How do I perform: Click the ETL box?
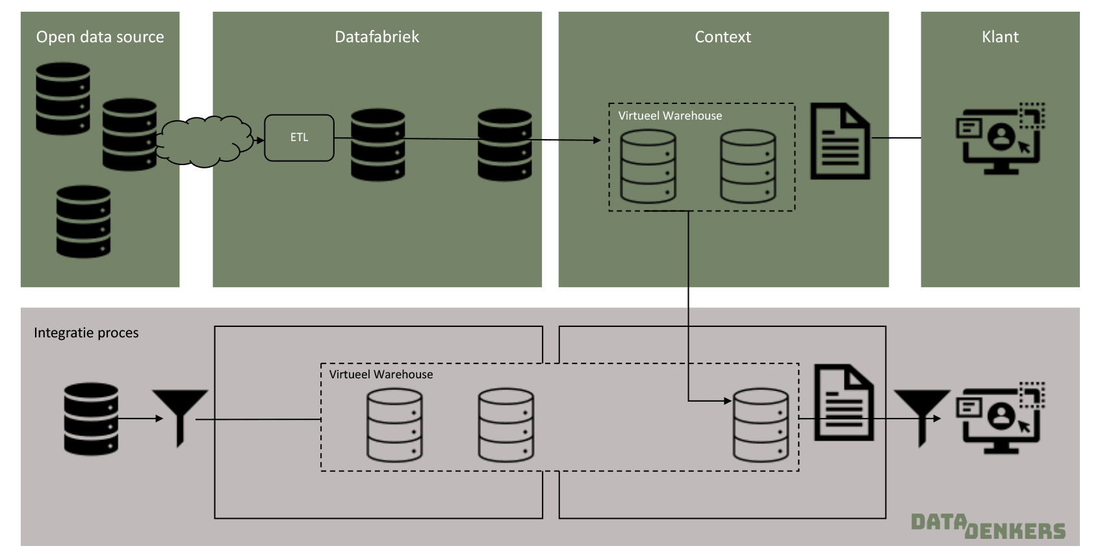click(x=299, y=138)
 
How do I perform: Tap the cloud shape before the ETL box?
click(x=205, y=141)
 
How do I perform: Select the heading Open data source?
click(x=100, y=37)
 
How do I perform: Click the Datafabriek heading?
click(x=377, y=37)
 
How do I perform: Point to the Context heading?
click(x=723, y=37)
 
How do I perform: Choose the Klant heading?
click(x=1000, y=37)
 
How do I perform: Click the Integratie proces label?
click(x=86, y=333)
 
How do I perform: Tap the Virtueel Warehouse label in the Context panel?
click(x=670, y=116)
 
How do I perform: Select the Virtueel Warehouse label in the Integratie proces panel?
click(x=381, y=374)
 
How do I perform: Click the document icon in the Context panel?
click(x=839, y=141)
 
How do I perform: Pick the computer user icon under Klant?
click(x=1000, y=138)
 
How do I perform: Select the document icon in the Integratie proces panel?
click(x=843, y=403)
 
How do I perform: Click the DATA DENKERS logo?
click(x=988, y=526)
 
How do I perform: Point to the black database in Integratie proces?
click(x=91, y=419)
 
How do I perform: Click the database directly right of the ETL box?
click(x=377, y=144)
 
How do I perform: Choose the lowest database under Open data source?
click(x=83, y=222)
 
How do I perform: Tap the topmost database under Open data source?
click(x=63, y=98)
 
